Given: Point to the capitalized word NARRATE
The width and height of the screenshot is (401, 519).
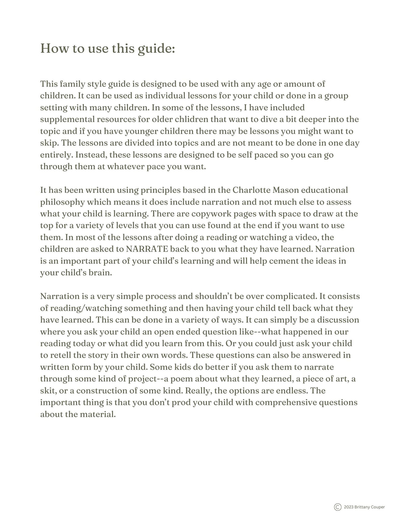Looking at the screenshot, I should pyautogui.click(x=147, y=249).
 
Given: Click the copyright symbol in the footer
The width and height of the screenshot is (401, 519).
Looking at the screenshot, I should pyautogui.click(x=337, y=507).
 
